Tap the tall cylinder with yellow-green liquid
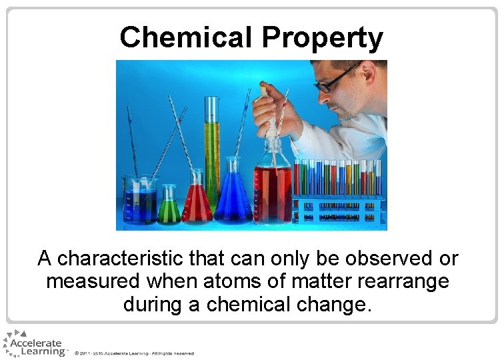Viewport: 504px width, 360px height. coord(212,150)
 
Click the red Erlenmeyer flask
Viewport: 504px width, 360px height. coord(197,200)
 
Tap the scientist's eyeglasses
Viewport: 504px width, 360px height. coord(337,79)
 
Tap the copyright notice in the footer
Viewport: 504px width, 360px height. coord(134,353)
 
